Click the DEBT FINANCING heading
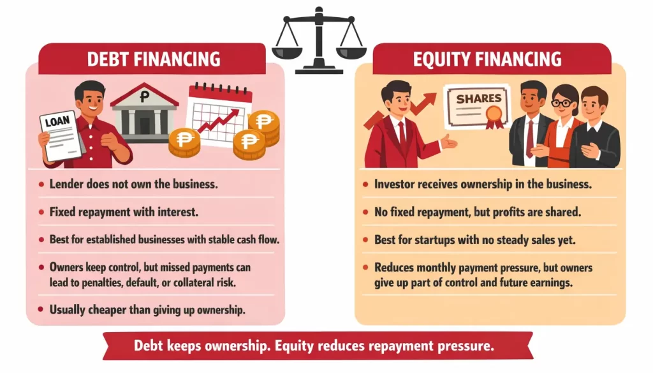click(x=153, y=59)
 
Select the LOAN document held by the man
click(x=61, y=135)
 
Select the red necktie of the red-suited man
click(x=402, y=135)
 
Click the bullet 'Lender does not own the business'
click(x=133, y=184)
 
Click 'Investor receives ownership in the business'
click(x=483, y=184)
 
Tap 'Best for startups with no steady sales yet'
click(x=474, y=240)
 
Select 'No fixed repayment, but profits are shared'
click(x=477, y=211)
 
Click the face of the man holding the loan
click(x=89, y=102)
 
